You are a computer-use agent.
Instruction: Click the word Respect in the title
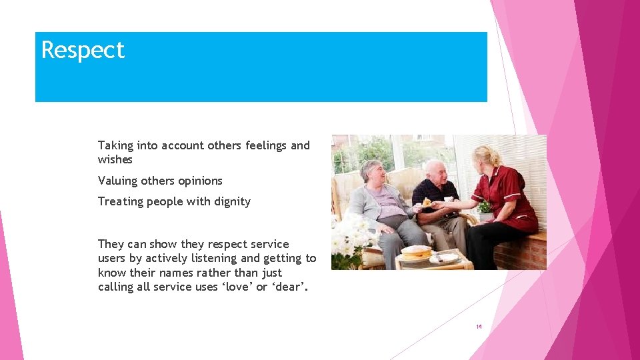tap(83, 51)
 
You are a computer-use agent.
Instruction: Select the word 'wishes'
tap(115, 160)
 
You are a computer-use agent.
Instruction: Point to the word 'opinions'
tap(199, 181)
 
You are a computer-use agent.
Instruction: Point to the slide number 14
tap(479, 327)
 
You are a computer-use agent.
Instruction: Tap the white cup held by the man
tap(449, 199)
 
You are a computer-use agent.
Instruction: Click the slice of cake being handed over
tap(427, 203)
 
